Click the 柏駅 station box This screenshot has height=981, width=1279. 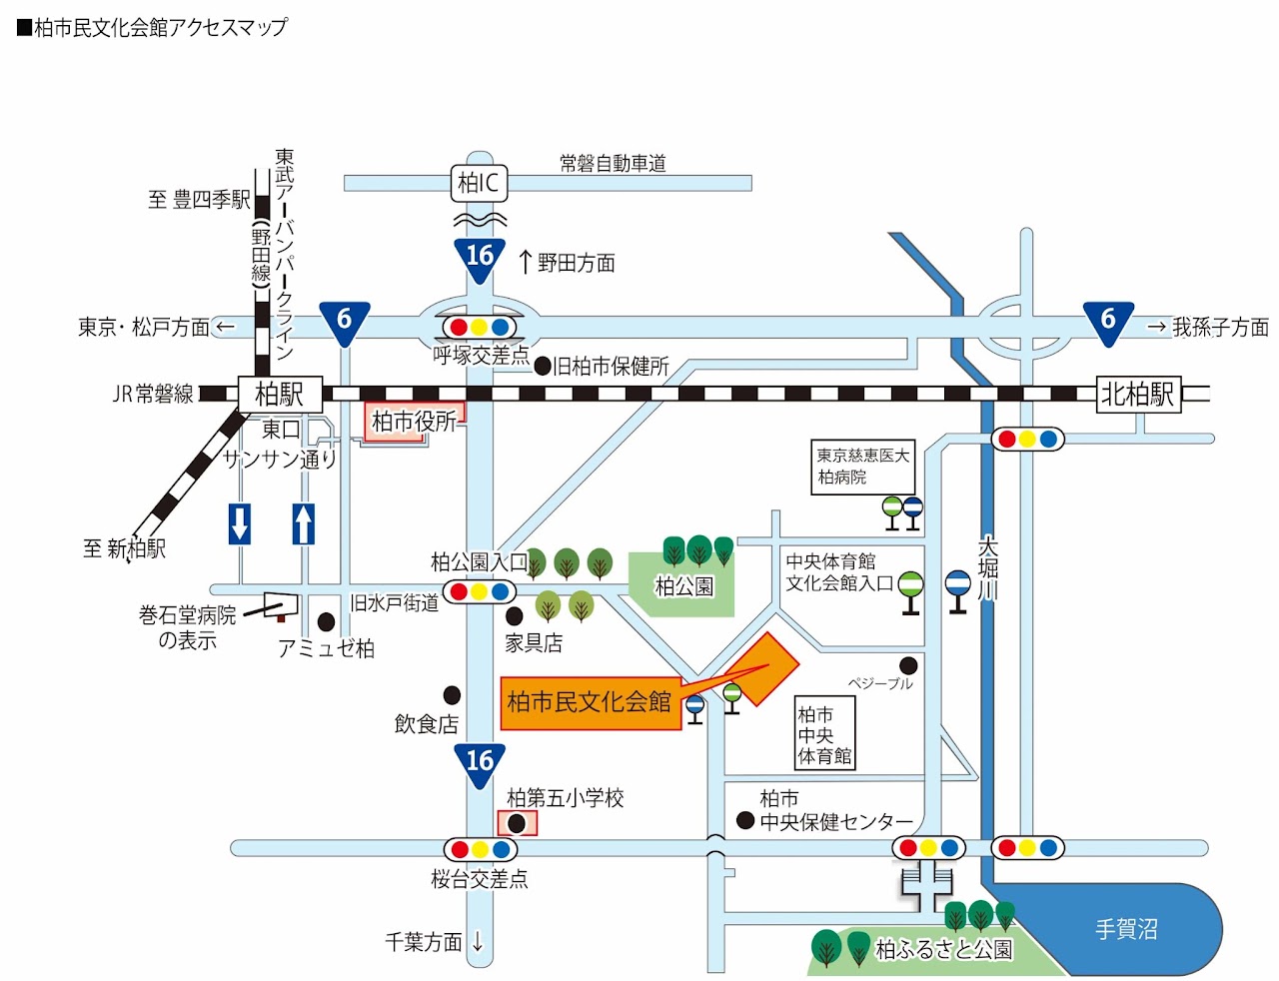click(x=280, y=394)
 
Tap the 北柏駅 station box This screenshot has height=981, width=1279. click(x=1138, y=394)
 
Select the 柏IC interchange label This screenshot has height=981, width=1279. click(x=479, y=183)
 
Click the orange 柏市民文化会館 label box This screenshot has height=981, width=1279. click(x=590, y=702)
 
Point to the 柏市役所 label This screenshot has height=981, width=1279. click(x=414, y=422)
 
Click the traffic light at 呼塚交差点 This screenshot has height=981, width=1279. click(x=480, y=327)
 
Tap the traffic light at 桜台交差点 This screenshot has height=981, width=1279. click(x=481, y=849)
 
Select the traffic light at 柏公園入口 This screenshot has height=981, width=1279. click(x=480, y=591)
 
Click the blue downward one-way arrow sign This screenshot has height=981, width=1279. click(x=240, y=523)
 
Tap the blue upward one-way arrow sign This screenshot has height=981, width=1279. click(x=304, y=523)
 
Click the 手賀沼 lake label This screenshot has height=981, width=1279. click(x=1126, y=929)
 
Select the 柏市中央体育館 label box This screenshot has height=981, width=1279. click(x=825, y=734)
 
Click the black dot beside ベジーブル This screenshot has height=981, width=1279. click(x=908, y=665)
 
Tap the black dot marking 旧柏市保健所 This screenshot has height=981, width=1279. click(x=543, y=367)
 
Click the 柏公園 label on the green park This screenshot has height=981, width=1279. click(x=683, y=585)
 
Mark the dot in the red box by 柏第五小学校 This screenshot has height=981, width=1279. click(x=517, y=823)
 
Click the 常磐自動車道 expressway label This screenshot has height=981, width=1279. click(x=613, y=163)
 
